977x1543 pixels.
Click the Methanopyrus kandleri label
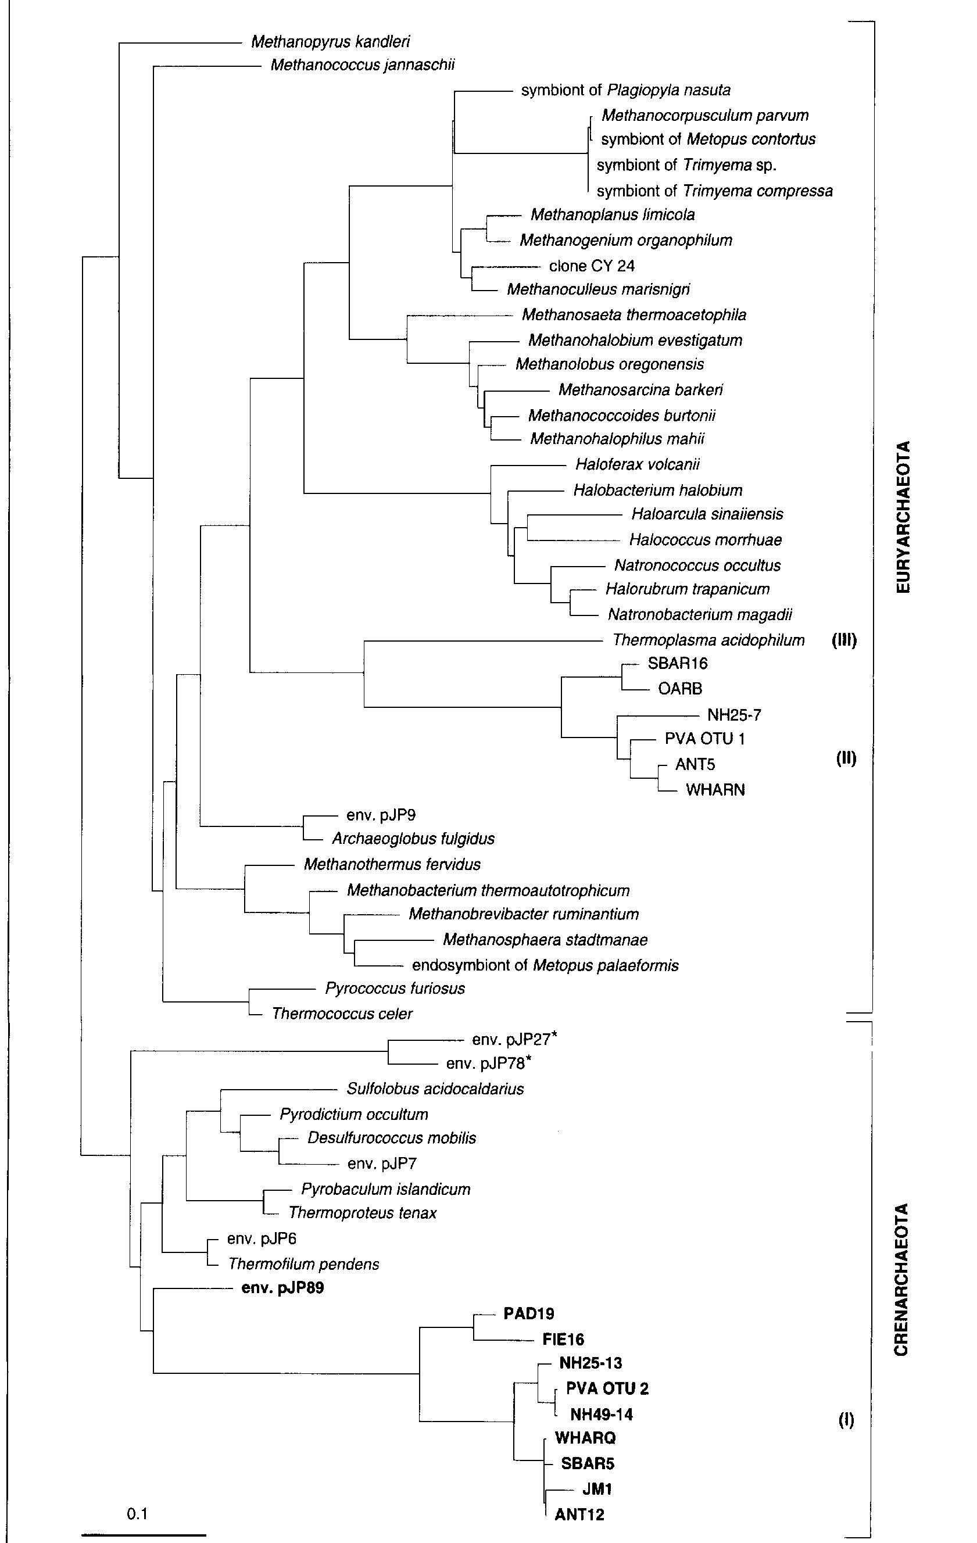point(330,42)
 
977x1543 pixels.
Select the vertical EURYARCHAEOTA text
point(902,517)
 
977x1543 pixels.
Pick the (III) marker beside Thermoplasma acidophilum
point(844,640)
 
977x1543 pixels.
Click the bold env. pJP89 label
point(282,1288)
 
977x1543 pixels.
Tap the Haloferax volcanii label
point(638,464)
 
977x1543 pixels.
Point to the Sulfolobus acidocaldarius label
point(435,1089)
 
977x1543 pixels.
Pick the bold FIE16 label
point(563,1339)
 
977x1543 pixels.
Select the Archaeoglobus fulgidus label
point(413,839)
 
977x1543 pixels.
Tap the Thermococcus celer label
point(342,1014)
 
